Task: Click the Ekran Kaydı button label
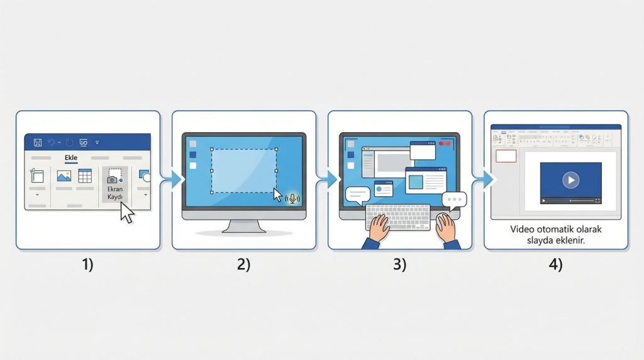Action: (115, 192)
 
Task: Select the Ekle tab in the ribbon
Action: (69, 159)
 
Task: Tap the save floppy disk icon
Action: (37, 143)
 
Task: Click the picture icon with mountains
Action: (64, 176)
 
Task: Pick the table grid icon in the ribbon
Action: (85, 176)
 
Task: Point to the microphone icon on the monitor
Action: (293, 198)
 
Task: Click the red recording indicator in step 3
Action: (447, 144)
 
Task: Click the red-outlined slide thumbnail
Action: (506, 156)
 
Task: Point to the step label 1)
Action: (87, 265)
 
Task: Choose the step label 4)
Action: (555, 265)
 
